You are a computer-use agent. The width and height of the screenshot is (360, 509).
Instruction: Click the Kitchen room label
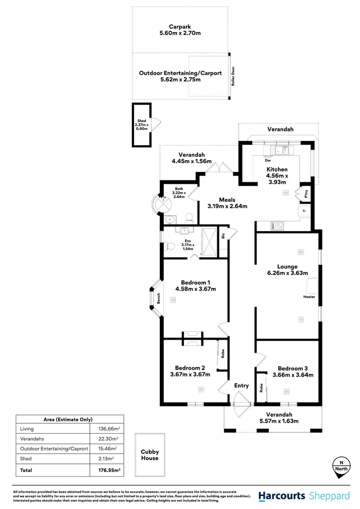tap(277, 169)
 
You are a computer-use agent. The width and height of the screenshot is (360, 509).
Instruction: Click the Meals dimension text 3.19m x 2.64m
tap(227, 206)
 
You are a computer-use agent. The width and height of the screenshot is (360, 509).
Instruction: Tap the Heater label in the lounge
tap(309, 296)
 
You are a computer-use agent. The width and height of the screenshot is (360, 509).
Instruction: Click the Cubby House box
tap(150, 455)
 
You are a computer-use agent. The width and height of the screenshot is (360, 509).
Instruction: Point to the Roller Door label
tap(233, 76)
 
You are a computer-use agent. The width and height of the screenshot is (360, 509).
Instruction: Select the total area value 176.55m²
tap(105, 470)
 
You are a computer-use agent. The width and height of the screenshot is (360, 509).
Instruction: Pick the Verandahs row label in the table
tap(31, 438)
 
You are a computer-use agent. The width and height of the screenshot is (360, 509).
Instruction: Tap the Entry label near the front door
tap(241, 385)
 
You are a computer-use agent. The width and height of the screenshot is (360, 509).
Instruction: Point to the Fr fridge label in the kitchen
tap(304, 211)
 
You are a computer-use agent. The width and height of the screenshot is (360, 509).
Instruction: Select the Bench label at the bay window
tap(158, 299)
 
